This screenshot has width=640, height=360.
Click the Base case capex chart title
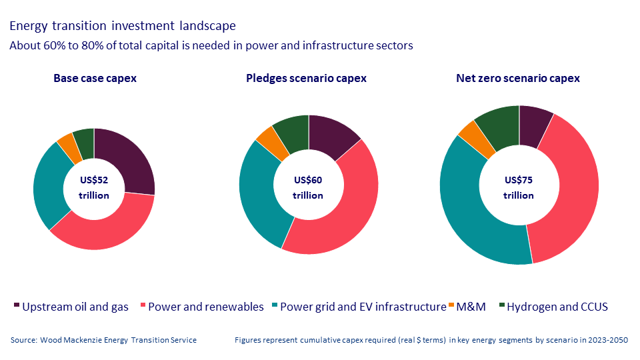(95, 78)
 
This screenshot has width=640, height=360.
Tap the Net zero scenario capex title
(518, 78)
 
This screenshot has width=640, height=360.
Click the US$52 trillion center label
(94, 188)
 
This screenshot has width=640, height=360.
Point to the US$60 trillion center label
(308, 188)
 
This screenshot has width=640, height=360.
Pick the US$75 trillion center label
(519, 188)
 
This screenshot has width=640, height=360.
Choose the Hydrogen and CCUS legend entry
(557, 307)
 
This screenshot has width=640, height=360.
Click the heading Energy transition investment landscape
(122, 27)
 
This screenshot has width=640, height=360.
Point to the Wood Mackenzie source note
(103, 340)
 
